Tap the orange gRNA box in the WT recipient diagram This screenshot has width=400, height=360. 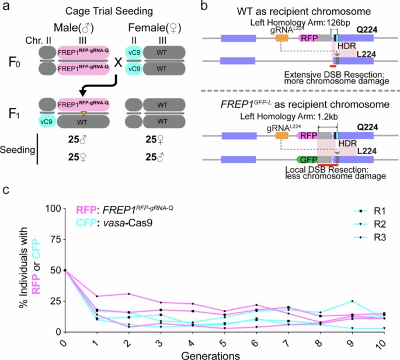coord(281,37)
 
